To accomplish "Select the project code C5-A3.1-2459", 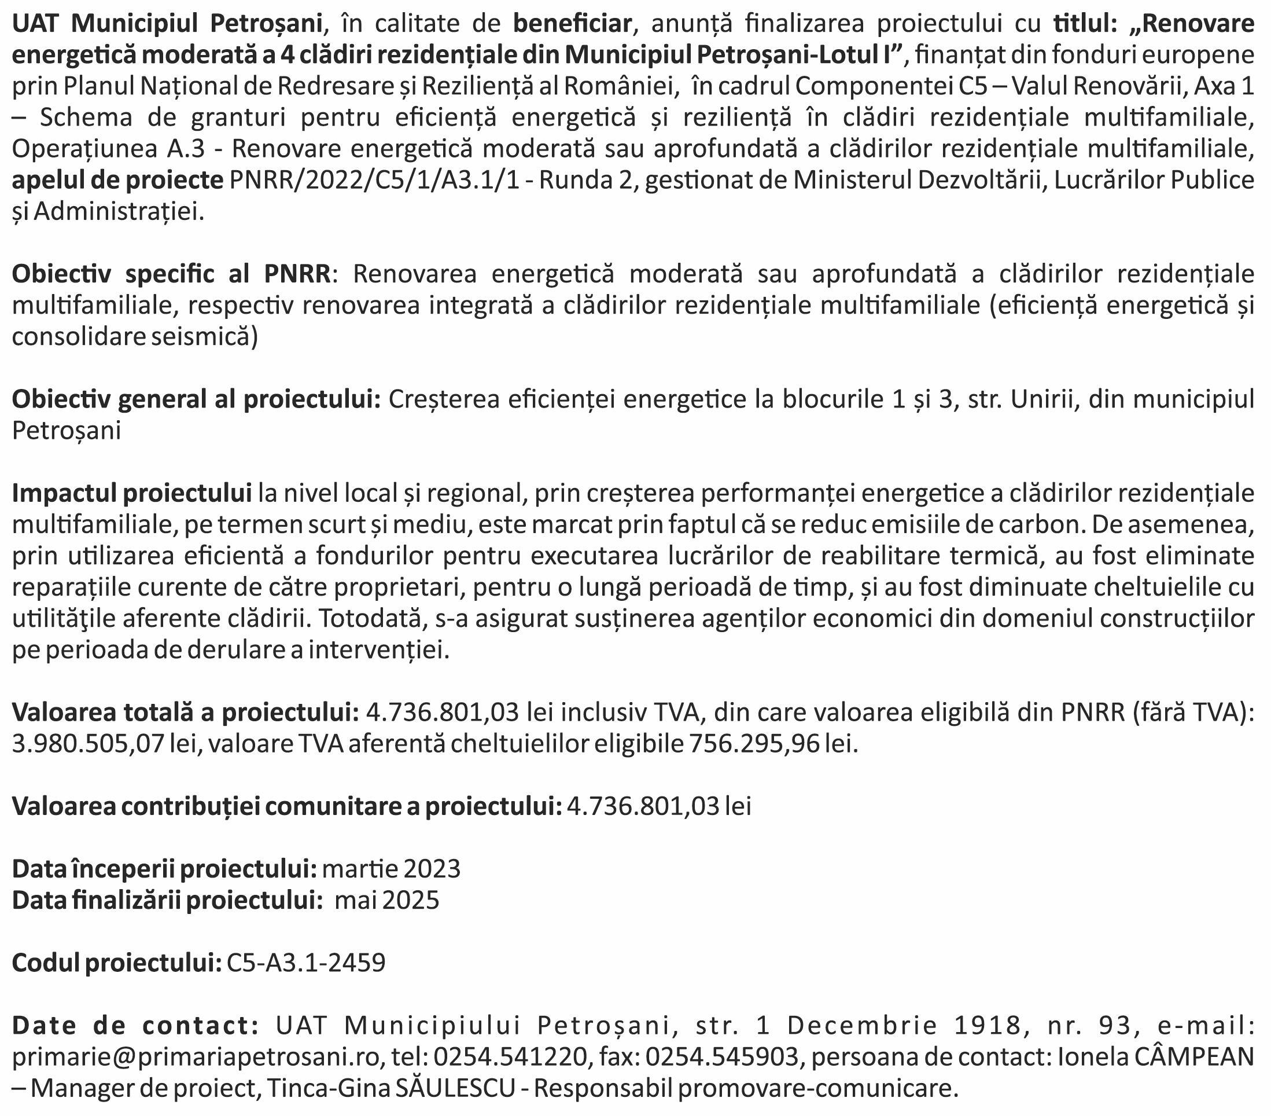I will (306, 963).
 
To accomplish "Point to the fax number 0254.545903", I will (721, 1056).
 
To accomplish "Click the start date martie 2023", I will (392, 868).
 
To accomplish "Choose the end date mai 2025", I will (387, 900).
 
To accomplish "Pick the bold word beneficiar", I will (572, 24).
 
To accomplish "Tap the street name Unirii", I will (1043, 399).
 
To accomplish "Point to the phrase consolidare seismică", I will (134, 336).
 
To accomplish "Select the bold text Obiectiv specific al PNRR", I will (172, 274).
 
